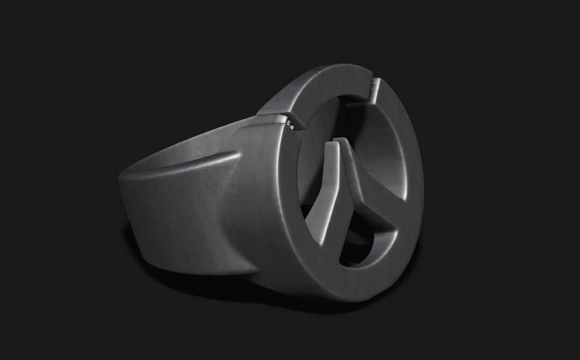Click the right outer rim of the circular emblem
tap(416, 177)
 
